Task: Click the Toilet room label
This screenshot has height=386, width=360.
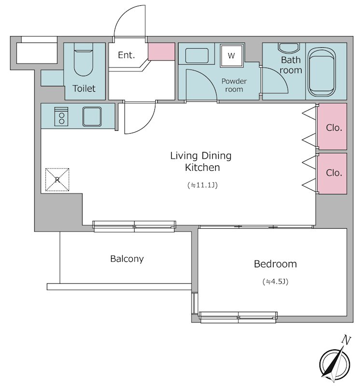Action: click(x=84, y=88)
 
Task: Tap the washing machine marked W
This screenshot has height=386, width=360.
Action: click(x=231, y=55)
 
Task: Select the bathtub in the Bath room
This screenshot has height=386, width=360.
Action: click(x=322, y=72)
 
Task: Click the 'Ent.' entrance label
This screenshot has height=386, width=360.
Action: click(x=126, y=55)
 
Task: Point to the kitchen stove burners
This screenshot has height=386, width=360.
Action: click(x=61, y=117)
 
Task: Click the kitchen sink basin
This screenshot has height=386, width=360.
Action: click(x=92, y=116)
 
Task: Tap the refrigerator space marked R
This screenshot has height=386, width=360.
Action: click(x=57, y=179)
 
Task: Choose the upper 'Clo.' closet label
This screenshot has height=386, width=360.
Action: click(x=334, y=127)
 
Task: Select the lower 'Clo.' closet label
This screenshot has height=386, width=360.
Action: click(x=334, y=173)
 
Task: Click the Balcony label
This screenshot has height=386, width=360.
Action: click(x=127, y=259)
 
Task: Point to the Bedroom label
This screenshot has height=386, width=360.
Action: click(x=275, y=264)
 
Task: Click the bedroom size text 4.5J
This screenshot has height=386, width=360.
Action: click(x=275, y=281)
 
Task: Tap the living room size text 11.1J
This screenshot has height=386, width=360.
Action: click(x=202, y=185)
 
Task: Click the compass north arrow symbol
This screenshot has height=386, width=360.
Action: click(x=335, y=363)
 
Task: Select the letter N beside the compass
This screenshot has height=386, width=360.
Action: click(x=346, y=340)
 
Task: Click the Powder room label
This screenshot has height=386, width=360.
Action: click(x=234, y=85)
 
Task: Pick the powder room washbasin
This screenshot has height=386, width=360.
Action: click(x=197, y=55)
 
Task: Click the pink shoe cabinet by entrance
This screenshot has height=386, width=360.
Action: click(x=161, y=52)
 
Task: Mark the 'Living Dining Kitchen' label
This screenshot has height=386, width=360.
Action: click(x=201, y=162)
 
